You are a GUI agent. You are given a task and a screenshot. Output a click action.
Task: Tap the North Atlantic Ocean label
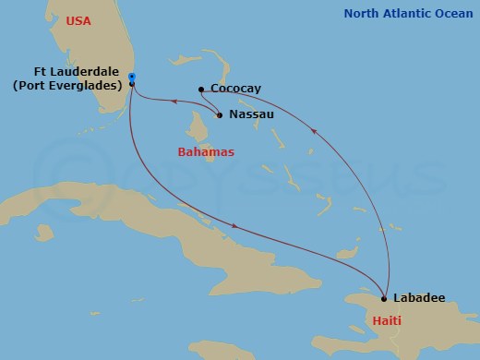click(x=409, y=13)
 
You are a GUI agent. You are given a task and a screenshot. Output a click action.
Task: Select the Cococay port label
click(x=235, y=89)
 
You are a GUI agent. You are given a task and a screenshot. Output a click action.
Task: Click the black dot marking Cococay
click(x=201, y=90)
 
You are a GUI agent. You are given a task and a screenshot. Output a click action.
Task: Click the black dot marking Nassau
click(x=219, y=115)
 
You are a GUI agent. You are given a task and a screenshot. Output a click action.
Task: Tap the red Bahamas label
click(x=206, y=150)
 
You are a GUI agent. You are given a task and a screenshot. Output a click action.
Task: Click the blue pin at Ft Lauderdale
click(x=132, y=78)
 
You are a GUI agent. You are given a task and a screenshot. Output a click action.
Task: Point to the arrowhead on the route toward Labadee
click(x=241, y=225)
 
